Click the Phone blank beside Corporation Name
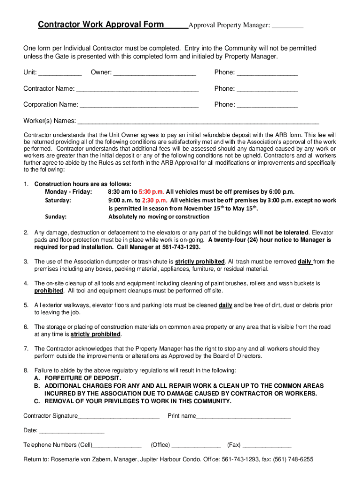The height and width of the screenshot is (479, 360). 267,105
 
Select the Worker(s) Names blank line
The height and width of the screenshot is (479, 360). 198,122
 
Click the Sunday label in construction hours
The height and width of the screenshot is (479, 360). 56,217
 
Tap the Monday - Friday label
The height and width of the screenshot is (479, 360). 68,192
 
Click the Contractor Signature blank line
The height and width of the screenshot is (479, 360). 119,416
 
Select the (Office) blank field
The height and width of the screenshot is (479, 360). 196,445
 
